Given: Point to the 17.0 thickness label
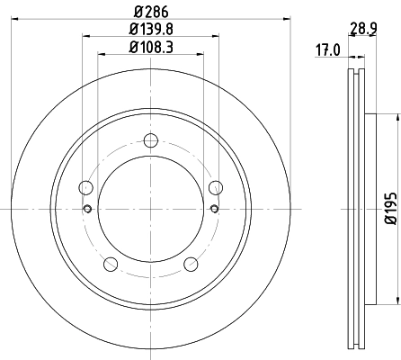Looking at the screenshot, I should click(x=326, y=50).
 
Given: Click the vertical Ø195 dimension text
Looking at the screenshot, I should click(x=389, y=209).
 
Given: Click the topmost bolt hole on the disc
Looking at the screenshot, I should click(x=150, y=139).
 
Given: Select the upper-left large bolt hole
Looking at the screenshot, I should click(x=86, y=187).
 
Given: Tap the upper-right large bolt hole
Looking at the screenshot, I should click(x=215, y=187).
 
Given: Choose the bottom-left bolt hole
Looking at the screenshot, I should click(x=111, y=263).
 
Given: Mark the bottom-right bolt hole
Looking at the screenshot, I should click(x=191, y=263).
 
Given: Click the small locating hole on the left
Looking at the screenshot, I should click(x=87, y=209).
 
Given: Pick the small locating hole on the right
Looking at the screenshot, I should click(x=214, y=209).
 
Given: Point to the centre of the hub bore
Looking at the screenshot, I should click(x=150, y=209).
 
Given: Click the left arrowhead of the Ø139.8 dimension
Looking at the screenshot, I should click(x=86, y=37).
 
